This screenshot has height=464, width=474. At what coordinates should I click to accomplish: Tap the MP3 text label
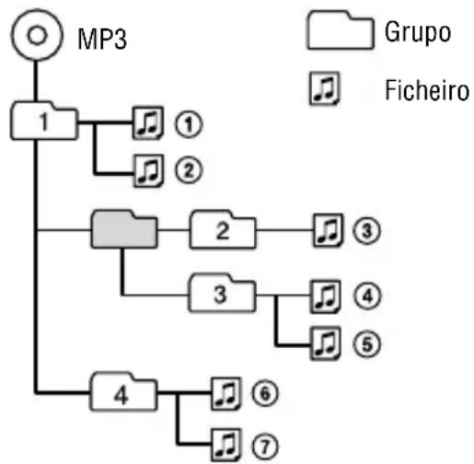click(x=102, y=39)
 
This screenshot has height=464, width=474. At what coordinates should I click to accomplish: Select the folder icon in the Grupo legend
click(x=341, y=30)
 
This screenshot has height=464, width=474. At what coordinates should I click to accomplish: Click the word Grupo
click(x=418, y=32)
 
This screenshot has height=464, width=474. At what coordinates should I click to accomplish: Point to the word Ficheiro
click(x=427, y=90)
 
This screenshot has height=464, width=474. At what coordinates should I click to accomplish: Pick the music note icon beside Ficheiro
click(x=325, y=88)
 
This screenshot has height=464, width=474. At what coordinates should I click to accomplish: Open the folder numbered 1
click(x=44, y=121)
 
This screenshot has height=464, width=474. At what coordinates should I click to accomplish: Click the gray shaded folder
click(x=124, y=229)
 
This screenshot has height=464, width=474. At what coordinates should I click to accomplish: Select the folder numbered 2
click(x=223, y=229)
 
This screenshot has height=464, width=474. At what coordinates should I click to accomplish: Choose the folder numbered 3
click(x=222, y=293)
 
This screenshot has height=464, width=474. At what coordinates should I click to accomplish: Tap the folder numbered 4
click(x=123, y=391)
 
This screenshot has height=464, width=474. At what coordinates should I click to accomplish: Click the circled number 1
click(x=189, y=124)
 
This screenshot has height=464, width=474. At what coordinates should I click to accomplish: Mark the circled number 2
click(x=189, y=170)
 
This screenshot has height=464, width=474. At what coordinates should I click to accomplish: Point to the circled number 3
click(x=366, y=230)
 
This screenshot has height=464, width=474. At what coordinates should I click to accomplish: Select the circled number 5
click(x=366, y=344)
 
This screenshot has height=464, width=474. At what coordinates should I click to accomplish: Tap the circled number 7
click(x=265, y=446)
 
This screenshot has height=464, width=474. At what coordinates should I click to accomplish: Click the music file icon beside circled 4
click(x=326, y=296)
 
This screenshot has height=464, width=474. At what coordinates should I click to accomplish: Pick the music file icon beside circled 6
click(x=226, y=394)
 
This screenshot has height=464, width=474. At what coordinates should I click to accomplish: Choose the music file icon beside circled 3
click(x=328, y=230)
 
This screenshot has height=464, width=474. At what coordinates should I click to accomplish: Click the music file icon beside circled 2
click(x=148, y=171)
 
